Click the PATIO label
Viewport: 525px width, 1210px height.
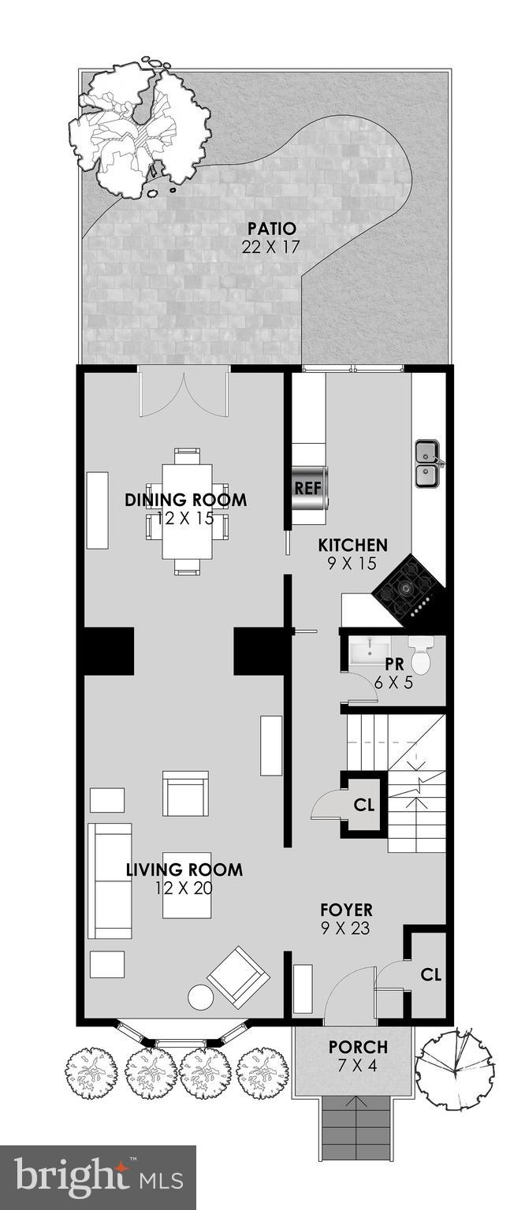click(x=272, y=229)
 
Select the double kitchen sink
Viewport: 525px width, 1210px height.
click(x=428, y=464)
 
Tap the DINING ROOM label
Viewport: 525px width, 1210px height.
click(x=186, y=500)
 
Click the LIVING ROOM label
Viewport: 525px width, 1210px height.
click(x=184, y=870)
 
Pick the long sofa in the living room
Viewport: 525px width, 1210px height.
click(x=110, y=881)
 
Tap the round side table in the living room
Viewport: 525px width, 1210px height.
click(x=200, y=998)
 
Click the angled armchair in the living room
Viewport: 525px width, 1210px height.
click(x=238, y=977)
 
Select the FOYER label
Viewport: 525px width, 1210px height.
click(x=347, y=910)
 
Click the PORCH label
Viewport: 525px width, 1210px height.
click(x=358, y=1048)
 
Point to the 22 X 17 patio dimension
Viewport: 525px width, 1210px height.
click(x=272, y=246)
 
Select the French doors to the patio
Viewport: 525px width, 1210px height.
click(x=184, y=394)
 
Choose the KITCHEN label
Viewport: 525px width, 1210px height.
click(x=352, y=545)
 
